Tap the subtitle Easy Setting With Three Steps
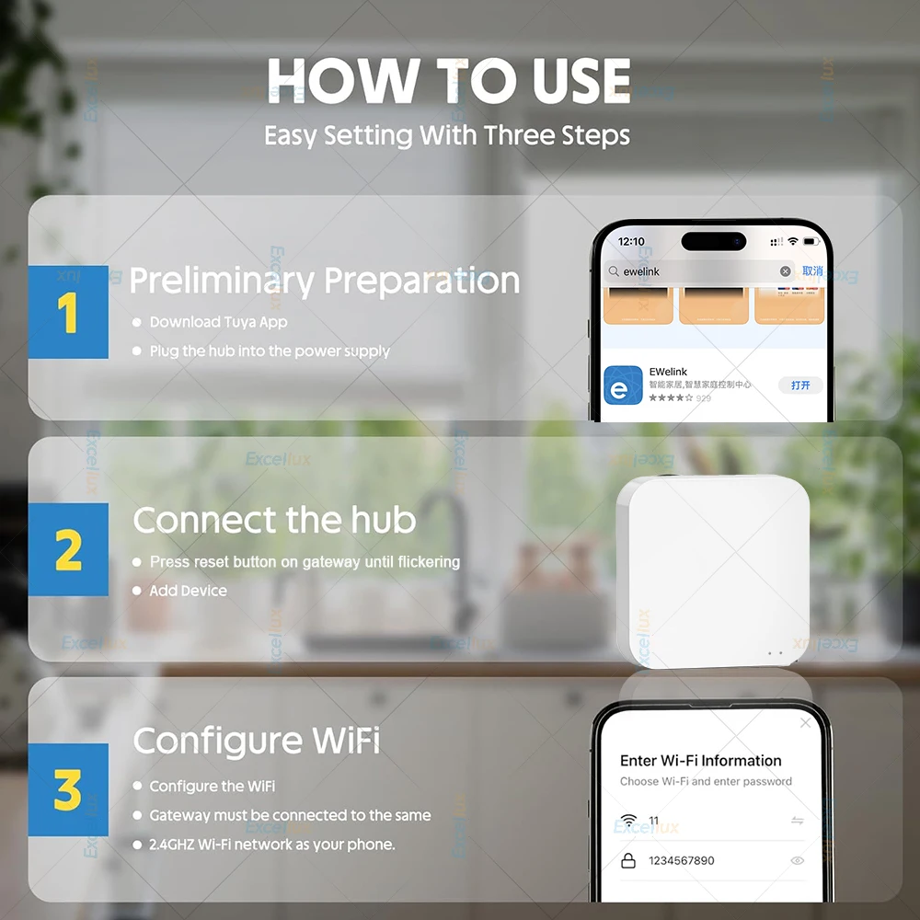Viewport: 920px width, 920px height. point(447,136)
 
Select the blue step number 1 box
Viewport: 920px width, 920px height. point(68,312)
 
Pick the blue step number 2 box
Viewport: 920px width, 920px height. point(68,549)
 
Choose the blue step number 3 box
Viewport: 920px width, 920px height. point(68,789)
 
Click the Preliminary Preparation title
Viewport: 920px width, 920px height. point(324,281)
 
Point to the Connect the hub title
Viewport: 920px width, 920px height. point(274,521)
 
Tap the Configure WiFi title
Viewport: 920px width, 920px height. point(257,741)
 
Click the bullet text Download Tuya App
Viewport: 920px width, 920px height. point(218,322)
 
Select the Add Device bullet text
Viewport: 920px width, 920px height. point(188,591)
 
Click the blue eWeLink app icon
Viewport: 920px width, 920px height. point(623,385)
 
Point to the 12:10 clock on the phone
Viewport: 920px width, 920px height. point(631,242)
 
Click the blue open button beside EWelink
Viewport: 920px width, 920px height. point(800,385)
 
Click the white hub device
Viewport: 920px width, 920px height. point(713,570)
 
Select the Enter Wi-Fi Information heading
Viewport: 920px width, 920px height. point(700,761)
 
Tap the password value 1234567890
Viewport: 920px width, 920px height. point(681,861)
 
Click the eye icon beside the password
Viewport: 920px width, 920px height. point(797,861)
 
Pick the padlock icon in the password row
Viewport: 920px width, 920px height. point(628,861)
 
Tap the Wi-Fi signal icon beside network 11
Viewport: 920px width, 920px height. point(628,820)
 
